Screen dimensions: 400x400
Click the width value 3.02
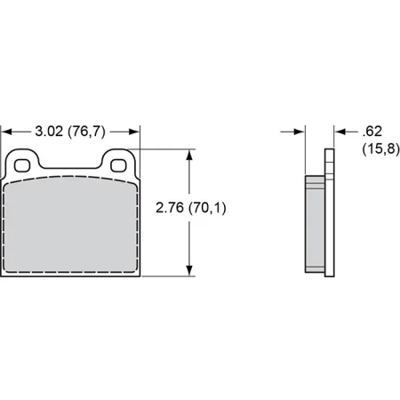click(49, 131)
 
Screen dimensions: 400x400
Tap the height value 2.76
click(169, 210)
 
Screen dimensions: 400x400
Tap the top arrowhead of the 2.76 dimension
click(188, 153)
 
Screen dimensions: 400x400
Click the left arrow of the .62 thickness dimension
click(299, 131)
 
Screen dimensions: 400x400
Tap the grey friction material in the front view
click(71, 227)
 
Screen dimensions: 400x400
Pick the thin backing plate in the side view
click(331, 213)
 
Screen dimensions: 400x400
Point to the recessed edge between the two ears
click(71, 166)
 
